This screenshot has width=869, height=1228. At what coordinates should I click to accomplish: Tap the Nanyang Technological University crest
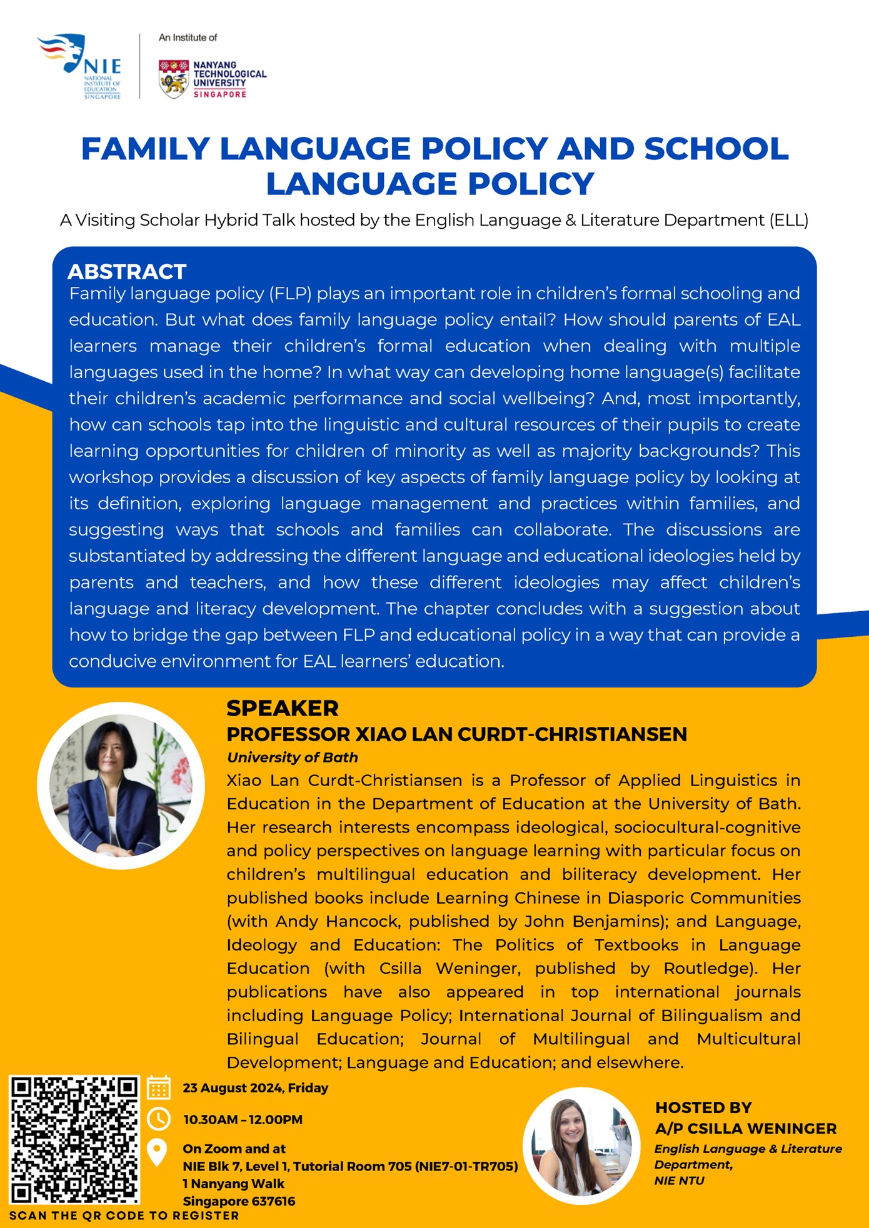click(x=173, y=79)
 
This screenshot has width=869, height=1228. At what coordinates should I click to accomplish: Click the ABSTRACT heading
click(x=127, y=272)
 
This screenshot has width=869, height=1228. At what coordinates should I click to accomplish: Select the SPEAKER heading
click(x=282, y=708)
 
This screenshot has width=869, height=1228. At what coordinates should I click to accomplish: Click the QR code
click(x=74, y=1139)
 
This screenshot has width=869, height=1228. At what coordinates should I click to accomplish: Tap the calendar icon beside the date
click(x=159, y=1087)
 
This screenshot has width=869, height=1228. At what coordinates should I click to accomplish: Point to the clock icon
click(x=159, y=1119)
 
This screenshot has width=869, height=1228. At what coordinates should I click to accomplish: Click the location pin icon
click(x=157, y=1152)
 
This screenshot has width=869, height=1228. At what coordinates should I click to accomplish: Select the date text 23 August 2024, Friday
click(x=255, y=1088)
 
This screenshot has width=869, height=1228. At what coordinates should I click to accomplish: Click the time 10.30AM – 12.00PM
click(x=243, y=1119)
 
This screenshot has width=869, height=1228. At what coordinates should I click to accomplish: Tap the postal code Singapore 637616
click(x=239, y=1201)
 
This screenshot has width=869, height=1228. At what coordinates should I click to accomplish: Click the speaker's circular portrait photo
click(x=121, y=786)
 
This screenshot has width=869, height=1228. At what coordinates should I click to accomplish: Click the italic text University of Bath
click(x=292, y=757)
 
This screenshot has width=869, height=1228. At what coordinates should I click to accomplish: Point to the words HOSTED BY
click(x=703, y=1108)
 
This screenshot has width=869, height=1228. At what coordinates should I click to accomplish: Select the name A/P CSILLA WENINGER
click(x=745, y=1129)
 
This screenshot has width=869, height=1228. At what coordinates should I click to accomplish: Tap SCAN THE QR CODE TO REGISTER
click(x=124, y=1216)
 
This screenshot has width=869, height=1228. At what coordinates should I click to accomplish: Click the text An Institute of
click(x=188, y=37)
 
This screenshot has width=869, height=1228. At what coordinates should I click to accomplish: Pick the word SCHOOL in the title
click(x=716, y=149)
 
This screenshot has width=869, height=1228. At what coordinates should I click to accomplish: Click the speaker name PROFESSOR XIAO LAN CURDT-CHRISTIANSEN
click(x=456, y=734)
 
